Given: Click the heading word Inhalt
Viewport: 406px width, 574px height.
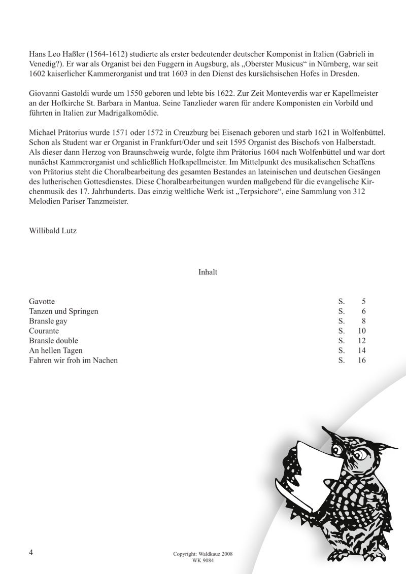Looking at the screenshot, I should [208, 272].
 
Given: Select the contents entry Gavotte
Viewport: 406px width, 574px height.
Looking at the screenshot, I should [42, 302].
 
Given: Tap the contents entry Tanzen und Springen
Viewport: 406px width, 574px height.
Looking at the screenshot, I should [63, 311].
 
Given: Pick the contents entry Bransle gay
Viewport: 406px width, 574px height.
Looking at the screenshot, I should [48, 321].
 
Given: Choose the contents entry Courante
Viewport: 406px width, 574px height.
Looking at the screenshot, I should [44, 331].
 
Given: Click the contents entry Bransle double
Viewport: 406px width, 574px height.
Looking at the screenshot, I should [54, 341].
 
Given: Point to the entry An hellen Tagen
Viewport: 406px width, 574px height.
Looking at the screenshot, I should [56, 350].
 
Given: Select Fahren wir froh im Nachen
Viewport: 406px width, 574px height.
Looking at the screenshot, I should [73, 360].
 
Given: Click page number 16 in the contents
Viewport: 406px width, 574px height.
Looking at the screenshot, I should [361, 360].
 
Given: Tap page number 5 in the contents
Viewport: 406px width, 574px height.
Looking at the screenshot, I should [363, 302].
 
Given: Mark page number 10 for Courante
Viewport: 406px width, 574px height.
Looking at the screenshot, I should [361, 331].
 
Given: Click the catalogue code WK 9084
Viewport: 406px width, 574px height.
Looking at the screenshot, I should [202, 560].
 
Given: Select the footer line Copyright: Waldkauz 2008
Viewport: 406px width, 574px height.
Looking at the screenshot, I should [202, 554].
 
